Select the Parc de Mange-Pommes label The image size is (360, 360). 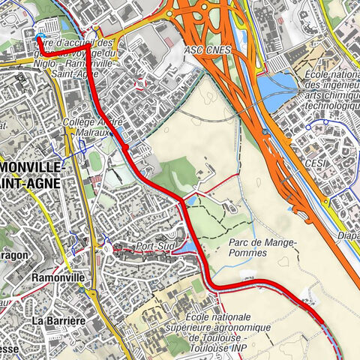coord(261,247)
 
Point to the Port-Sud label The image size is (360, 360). coord(154,246)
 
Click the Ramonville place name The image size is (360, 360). coord(55,277)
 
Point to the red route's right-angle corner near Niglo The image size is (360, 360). coord(89,54)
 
